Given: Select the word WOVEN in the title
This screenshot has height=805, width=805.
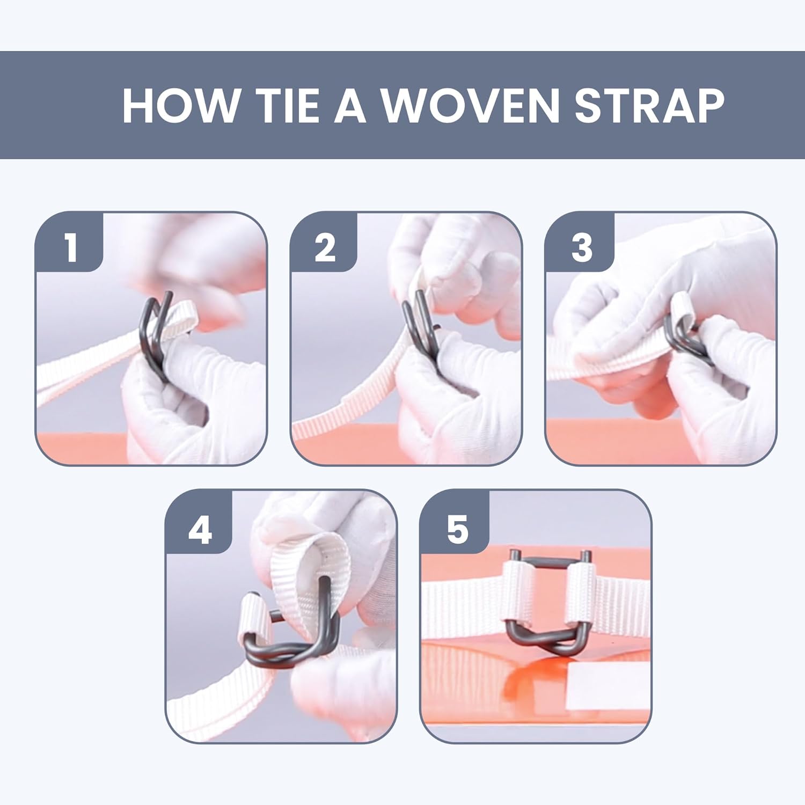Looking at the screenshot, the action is (x=470, y=106).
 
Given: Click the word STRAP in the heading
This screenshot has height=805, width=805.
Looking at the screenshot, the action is (x=649, y=106).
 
